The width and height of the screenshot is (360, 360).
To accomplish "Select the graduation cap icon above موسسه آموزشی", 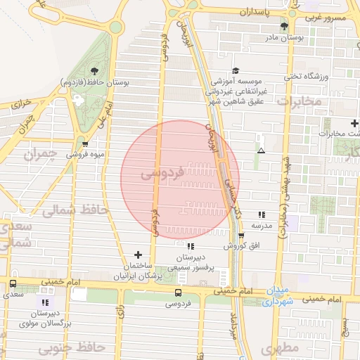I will click(x=236, y=70).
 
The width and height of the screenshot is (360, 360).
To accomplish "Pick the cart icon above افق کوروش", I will click(x=241, y=236).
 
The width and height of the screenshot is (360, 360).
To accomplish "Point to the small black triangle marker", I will click(x=262, y=150).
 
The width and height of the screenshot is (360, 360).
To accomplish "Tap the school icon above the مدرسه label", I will click(x=262, y=214).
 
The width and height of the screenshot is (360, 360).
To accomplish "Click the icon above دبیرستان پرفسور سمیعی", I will click(x=191, y=246).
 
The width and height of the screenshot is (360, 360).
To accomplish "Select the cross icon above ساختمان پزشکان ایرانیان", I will click(x=137, y=255).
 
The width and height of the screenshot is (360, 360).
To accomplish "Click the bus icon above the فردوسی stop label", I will click(x=177, y=292).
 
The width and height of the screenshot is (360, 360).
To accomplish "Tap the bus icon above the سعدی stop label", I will click(x=13, y=283).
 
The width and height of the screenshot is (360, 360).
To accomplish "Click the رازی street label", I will click(x=121, y=310).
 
